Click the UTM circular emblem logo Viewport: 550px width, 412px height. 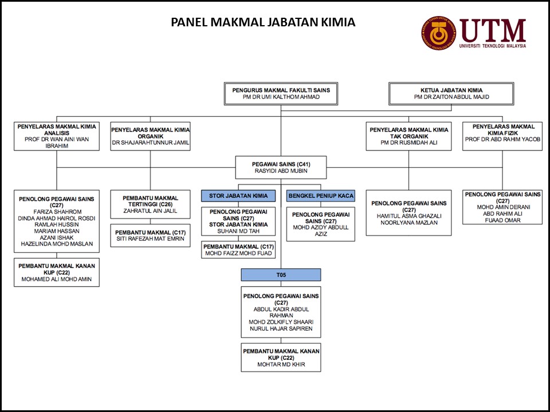click(438, 33)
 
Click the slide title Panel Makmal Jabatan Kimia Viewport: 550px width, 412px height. click(264, 22)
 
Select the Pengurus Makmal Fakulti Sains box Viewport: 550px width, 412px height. click(281, 94)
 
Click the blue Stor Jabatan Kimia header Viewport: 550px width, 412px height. click(238, 196)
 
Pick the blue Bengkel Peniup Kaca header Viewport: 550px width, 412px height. click(321, 196)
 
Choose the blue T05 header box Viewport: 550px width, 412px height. click(281, 275)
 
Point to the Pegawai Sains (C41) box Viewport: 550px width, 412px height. click(281, 167)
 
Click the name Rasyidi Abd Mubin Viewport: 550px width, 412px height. click(281, 171)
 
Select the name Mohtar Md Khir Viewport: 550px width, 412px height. click(281, 365)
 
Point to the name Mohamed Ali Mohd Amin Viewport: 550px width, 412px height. click(57, 280)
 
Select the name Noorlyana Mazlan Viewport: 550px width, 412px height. click(408, 223)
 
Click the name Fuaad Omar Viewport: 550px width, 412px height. click(502, 220)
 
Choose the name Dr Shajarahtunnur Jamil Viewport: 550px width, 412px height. click(151, 142)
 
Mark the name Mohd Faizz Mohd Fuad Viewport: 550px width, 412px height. click(238, 253)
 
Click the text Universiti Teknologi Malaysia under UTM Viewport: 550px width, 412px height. click(492, 46)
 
